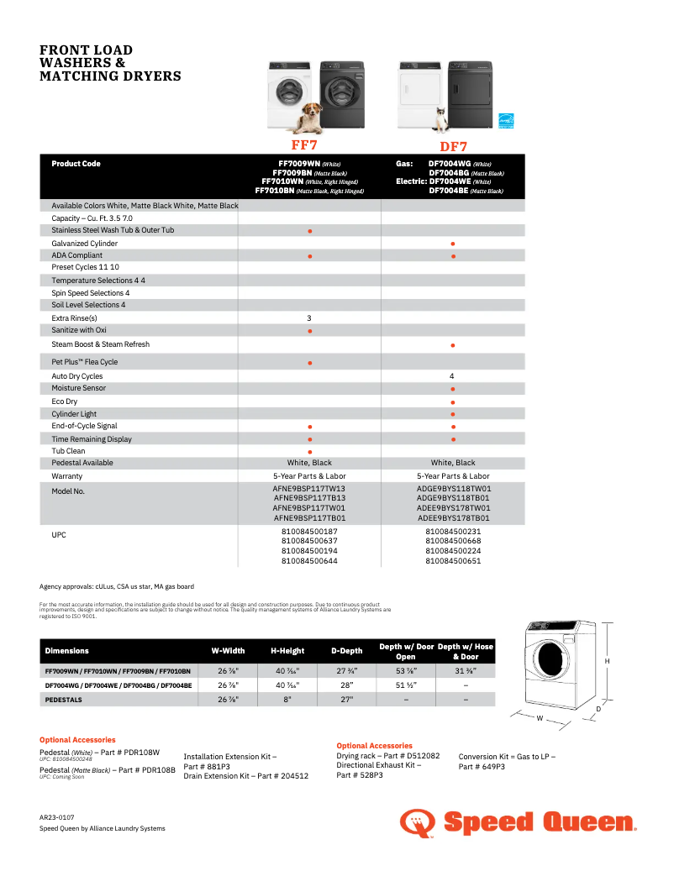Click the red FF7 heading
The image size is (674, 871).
pos(304,144)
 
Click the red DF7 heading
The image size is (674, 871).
pos(454,146)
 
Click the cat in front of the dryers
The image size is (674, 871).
pos(438,124)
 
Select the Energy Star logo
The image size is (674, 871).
pos(506,122)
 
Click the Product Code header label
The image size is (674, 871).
pos(76,164)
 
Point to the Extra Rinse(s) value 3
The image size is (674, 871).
pos(309,318)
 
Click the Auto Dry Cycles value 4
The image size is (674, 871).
pos(452,376)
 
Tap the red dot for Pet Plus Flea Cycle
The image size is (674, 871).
pos(310,363)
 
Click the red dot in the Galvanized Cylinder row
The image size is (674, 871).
pos(453,244)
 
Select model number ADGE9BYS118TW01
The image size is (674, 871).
pos(454,488)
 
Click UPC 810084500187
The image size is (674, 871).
pos(309,531)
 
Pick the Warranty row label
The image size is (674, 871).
pos(66,476)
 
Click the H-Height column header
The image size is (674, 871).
pos(287,651)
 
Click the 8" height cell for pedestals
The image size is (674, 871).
pos(287,699)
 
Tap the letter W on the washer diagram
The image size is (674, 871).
pos(540,719)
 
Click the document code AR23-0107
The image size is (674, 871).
pos(57,816)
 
